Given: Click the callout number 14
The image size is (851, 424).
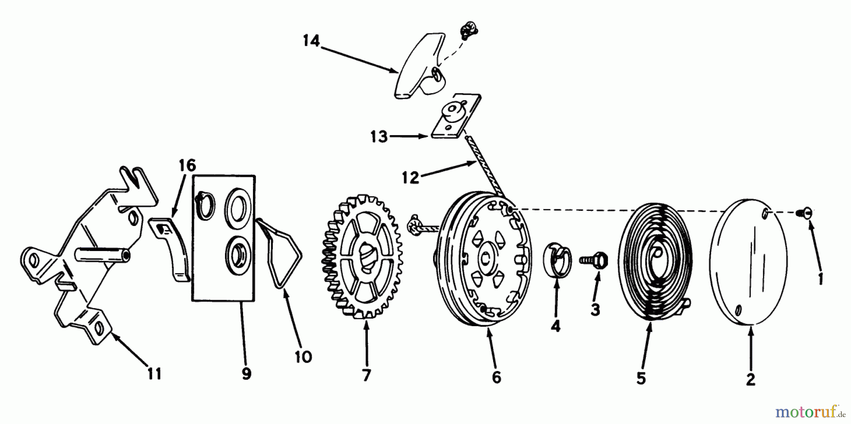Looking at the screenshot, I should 311,42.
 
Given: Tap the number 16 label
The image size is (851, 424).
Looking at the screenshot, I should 187,166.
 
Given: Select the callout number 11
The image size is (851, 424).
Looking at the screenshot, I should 154,374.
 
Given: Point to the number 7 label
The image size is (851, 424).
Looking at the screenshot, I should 366,375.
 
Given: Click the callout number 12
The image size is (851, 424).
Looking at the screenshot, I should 410,178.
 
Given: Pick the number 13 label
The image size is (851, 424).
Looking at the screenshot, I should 379,138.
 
